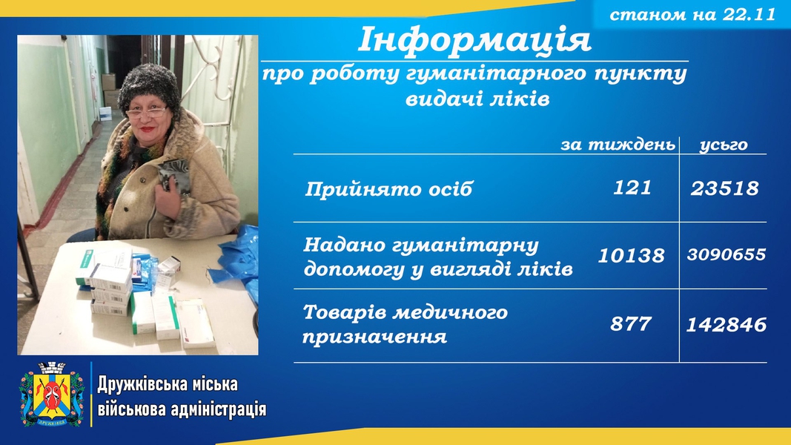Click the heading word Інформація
(474, 39)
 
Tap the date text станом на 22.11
(692, 14)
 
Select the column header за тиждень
(618, 145)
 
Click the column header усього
(724, 145)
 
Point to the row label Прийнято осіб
(388, 189)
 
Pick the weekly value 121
(632, 188)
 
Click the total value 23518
(724, 188)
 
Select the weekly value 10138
(631, 255)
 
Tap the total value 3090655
(727, 254)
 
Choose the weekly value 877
(631, 323)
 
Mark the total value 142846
(727, 324)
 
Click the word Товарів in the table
(345, 312)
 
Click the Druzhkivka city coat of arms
(52, 394)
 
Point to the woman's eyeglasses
(146, 113)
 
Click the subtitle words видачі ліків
(477, 99)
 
